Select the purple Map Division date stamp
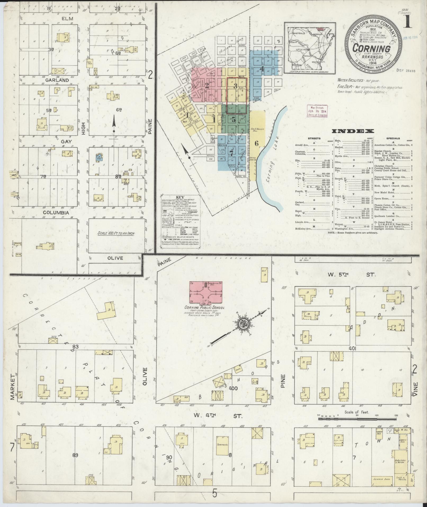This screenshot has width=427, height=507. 317,111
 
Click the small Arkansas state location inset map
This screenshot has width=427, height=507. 310,48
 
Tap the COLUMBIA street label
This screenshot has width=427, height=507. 56,213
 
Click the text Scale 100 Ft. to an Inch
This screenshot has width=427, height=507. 116,233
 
